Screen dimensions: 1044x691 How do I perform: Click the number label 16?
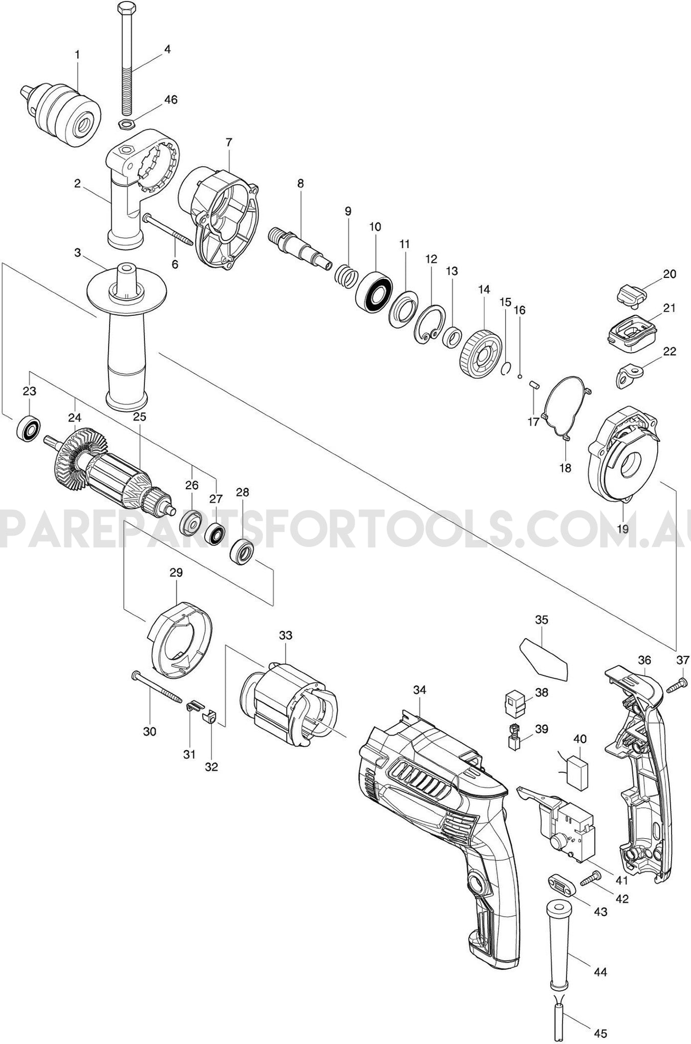pos(520,310)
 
